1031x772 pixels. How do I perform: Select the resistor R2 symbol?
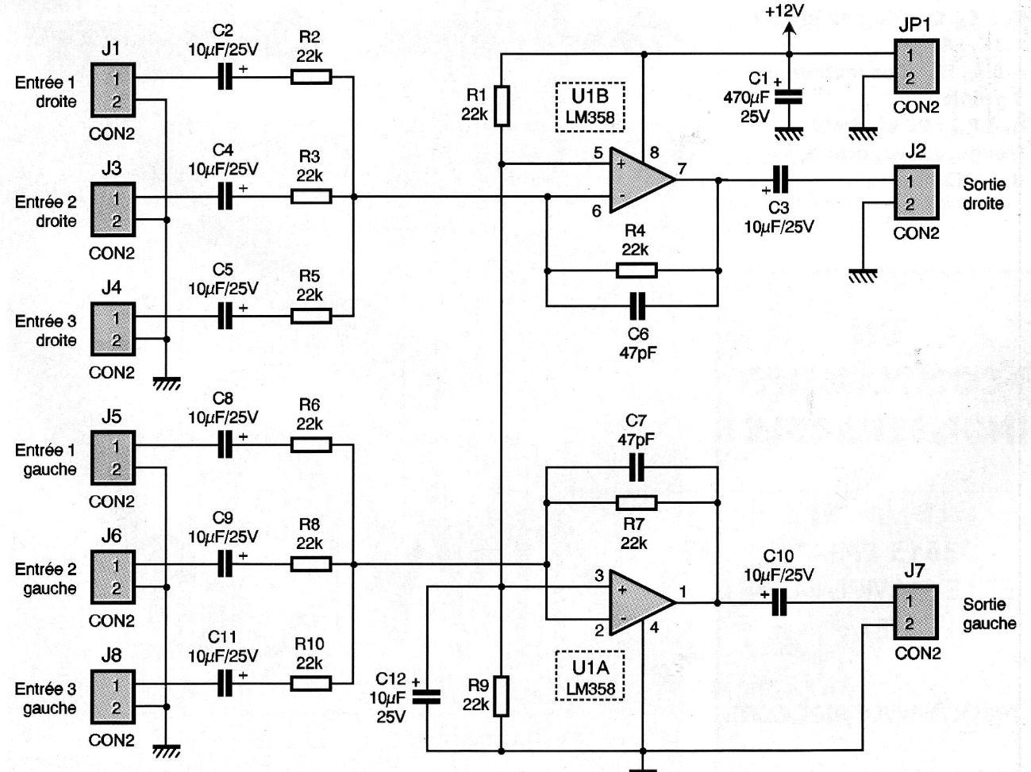[310, 77]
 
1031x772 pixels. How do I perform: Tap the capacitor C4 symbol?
[227, 196]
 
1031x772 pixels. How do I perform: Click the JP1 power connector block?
[916, 67]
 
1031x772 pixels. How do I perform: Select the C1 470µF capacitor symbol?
[788, 97]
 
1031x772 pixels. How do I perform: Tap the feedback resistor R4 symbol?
[636, 271]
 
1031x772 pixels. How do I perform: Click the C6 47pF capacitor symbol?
[636, 305]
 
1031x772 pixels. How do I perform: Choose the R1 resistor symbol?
[502, 106]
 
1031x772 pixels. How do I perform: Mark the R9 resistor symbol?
[502, 696]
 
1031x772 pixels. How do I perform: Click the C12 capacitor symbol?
[427, 697]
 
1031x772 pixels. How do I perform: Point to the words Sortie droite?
[983, 194]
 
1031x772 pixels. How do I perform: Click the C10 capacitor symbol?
[779, 604]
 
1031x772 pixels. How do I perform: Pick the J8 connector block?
[113, 696]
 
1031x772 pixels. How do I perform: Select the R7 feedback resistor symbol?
[636, 503]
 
